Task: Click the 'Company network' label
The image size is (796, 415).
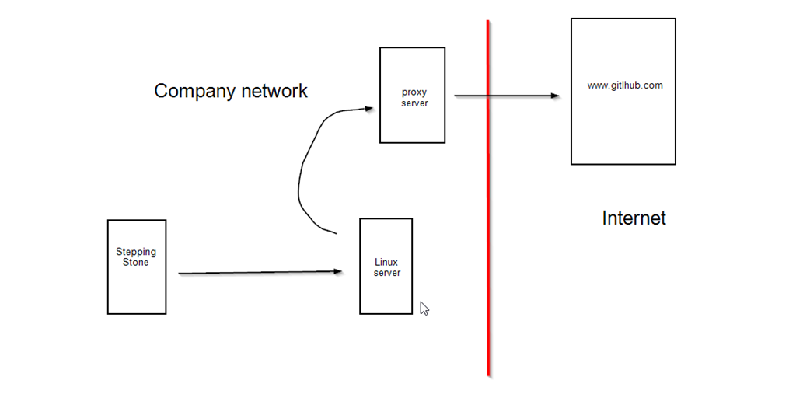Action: [231, 91]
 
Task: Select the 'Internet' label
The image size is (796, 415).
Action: [634, 218]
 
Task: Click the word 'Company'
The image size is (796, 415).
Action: [193, 91]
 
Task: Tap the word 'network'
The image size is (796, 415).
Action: [274, 91]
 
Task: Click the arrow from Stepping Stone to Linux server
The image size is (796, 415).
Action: [257, 273]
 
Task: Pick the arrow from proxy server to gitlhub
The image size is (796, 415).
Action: [505, 96]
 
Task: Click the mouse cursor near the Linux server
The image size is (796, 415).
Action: [424, 308]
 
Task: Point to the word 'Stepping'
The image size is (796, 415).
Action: [136, 252]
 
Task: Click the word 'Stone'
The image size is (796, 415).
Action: [136, 263]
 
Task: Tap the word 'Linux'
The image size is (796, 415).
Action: [386, 263]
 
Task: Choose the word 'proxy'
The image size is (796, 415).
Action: [414, 92]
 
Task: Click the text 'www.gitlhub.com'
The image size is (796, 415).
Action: [625, 85]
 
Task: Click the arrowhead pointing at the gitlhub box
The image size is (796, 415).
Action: [555, 96]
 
